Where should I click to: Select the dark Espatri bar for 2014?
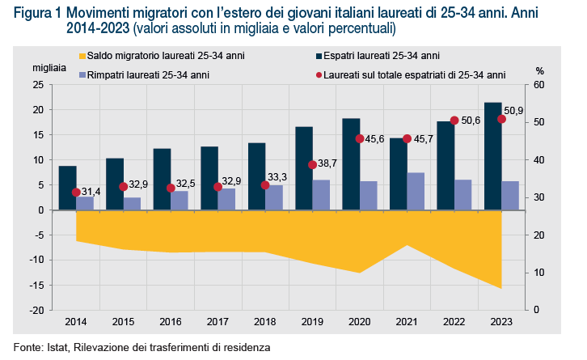[x=68, y=188]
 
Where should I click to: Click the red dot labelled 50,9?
[x=502, y=119]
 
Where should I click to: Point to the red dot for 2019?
[x=313, y=165]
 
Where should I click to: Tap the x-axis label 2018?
[x=265, y=322]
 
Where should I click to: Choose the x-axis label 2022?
[x=454, y=322]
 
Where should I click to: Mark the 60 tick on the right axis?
[x=540, y=85]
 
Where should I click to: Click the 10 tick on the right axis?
[x=540, y=273]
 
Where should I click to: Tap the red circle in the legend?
[x=318, y=74]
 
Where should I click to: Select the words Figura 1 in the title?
[x=39, y=14]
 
